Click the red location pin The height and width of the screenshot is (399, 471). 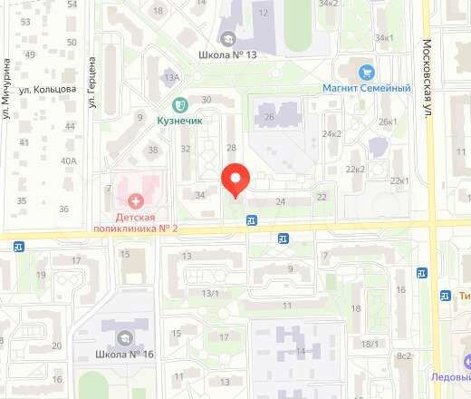236,179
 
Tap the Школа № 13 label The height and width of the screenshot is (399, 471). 226,54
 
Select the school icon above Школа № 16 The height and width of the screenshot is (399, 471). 120,337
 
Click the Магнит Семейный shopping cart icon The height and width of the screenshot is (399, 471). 367,72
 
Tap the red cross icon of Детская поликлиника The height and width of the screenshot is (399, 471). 136,200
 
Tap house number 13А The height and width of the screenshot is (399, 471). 171,77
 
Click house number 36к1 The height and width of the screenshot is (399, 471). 385,37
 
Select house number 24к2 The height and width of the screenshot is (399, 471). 332,134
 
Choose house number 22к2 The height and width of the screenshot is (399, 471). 355,169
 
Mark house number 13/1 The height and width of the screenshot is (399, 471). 210,293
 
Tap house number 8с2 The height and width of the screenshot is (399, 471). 404,355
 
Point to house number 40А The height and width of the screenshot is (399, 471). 68,161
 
